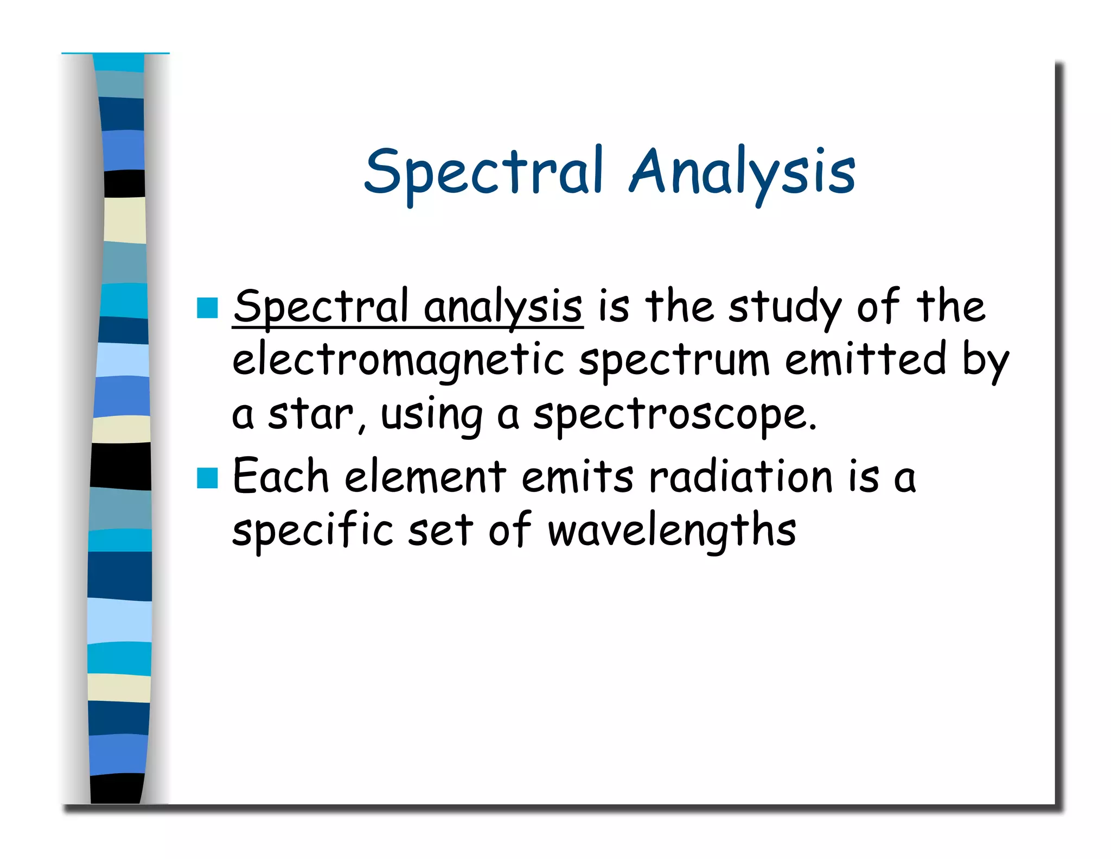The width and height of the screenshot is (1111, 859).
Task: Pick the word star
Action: pyautogui.click(x=311, y=415)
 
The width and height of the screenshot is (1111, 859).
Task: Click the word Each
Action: pyautogui.click(x=281, y=477)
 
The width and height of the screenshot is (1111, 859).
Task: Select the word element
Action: pyautogui.click(x=425, y=477)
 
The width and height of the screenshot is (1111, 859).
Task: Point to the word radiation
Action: pyautogui.click(x=741, y=477)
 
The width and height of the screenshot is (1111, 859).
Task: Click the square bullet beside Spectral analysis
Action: pyautogui.click(x=207, y=308)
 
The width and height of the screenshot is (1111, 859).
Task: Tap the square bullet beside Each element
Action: pyautogui.click(x=207, y=478)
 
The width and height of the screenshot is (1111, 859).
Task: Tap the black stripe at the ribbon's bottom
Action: pyautogui.click(x=117, y=788)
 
